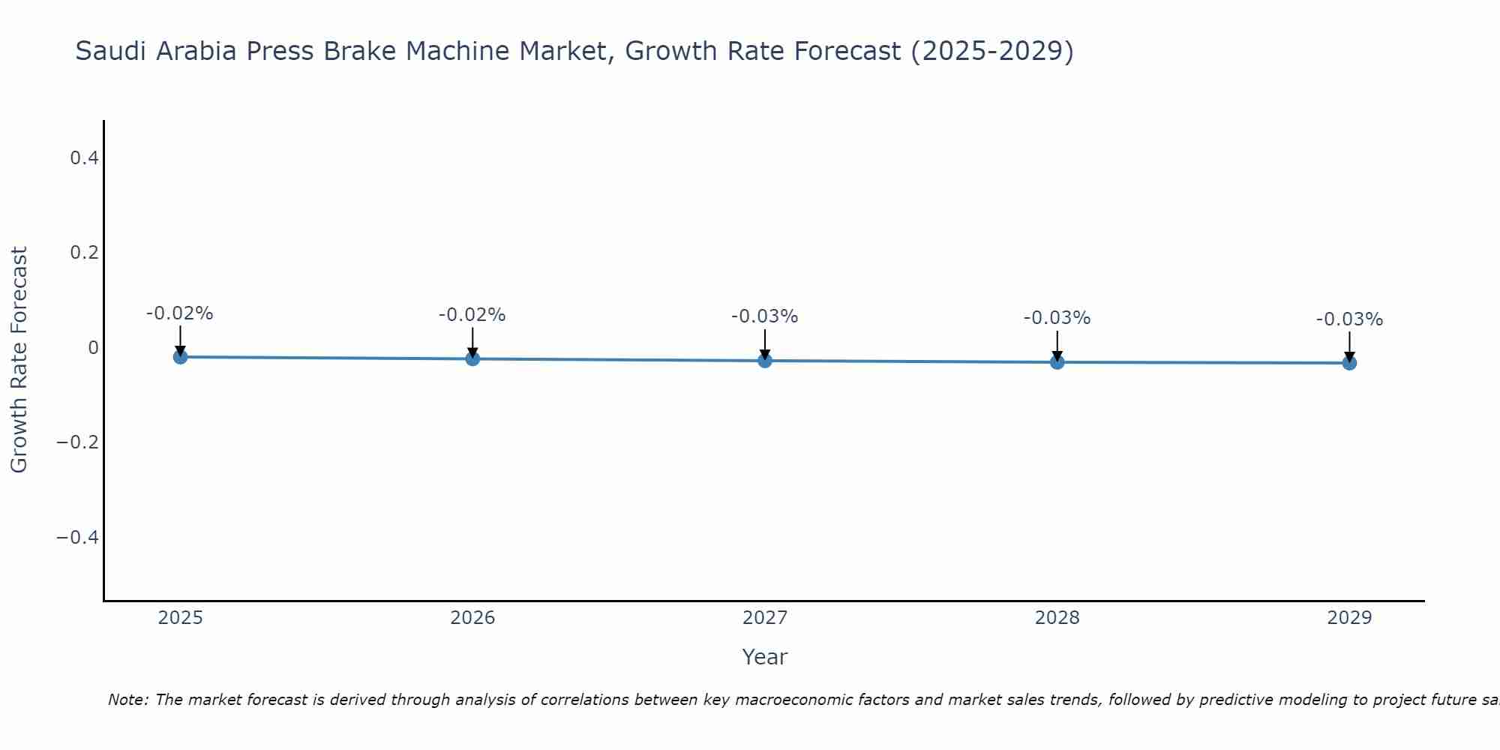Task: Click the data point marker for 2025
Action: coord(180,357)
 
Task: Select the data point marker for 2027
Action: coord(765,361)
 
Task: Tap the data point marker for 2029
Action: coord(1349,363)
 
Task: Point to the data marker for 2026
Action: coord(472,358)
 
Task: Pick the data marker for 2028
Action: coord(1057,362)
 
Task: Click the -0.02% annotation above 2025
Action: coord(180,313)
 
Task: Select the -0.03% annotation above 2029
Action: coord(1349,319)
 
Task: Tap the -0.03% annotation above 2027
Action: coord(765,316)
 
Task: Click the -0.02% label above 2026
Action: coord(472,315)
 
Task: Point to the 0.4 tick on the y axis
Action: coord(84,157)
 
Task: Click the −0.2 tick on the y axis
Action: coord(77,442)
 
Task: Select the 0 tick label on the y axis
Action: coord(93,347)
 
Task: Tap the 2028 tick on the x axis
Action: coord(1057,618)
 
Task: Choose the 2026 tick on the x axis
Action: coord(472,618)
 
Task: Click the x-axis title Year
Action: coord(764,657)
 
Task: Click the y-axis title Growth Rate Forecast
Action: coord(19,359)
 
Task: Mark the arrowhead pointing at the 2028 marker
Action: coord(1057,355)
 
